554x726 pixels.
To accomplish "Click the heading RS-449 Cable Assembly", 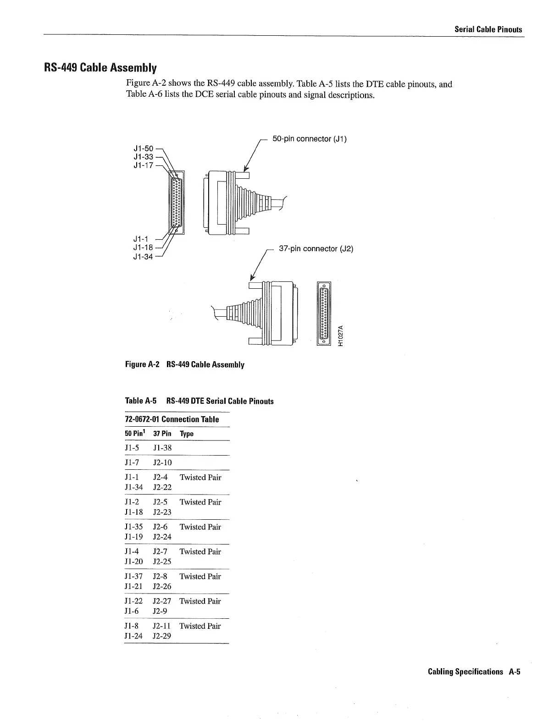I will tap(100, 68).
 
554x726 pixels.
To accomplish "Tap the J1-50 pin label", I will tap(143, 148).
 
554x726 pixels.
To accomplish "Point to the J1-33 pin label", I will tap(143, 157).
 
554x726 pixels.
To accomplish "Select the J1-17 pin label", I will tap(143, 165).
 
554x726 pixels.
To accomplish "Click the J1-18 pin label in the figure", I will tap(143, 248).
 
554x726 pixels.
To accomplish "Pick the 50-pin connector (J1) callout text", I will tap(310, 138).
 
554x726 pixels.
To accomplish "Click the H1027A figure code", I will tap(340, 336).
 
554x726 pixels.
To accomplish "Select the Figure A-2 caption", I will tap(184, 365).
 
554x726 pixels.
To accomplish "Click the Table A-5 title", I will tap(199, 401).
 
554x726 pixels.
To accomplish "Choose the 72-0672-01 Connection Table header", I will tap(172, 419).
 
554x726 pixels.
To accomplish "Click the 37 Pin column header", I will tap(162, 434).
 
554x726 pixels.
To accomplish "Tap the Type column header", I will tap(187, 434).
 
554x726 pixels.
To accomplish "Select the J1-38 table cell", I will tap(162, 448).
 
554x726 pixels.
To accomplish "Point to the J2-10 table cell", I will tap(162, 462).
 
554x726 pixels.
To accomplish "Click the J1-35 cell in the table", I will tap(133, 527).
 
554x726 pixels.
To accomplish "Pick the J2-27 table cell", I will tap(162, 601).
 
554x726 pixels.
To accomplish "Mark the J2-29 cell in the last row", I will tap(162, 636).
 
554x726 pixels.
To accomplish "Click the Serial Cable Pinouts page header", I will tap(488, 29).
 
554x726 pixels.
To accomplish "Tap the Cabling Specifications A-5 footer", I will tap(474, 672).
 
